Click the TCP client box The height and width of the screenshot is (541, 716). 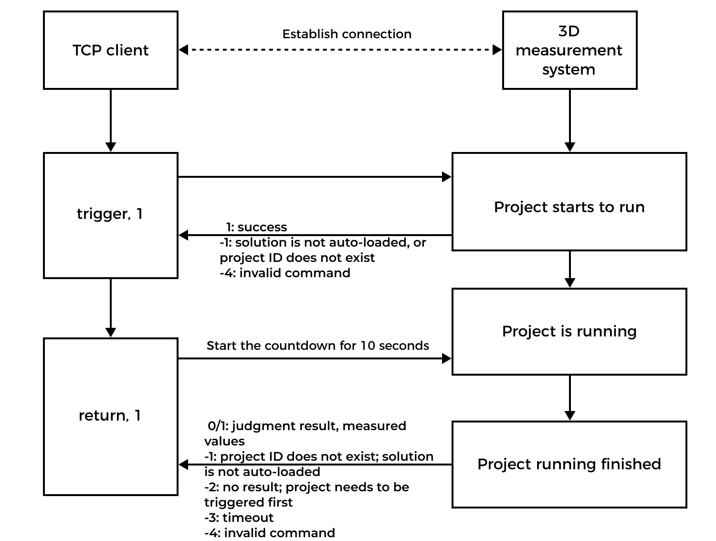[111, 50]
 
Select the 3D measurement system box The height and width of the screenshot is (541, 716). [569, 50]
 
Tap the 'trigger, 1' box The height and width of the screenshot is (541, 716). [111, 215]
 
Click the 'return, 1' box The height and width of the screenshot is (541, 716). [111, 416]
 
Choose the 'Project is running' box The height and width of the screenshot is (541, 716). [569, 331]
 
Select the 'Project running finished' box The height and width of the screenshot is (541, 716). [569, 464]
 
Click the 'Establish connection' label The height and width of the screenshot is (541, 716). [347, 34]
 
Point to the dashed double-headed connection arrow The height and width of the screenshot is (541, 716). [340, 49]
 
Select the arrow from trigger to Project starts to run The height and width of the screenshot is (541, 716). [315, 177]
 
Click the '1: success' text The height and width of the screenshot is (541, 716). [256, 227]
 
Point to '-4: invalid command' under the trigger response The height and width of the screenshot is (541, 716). [285, 273]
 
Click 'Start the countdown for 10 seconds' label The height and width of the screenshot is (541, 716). [317, 346]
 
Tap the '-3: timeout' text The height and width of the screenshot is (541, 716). [239, 518]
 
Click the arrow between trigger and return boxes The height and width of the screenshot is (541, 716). [111, 308]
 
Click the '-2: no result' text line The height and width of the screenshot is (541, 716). [306, 487]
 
